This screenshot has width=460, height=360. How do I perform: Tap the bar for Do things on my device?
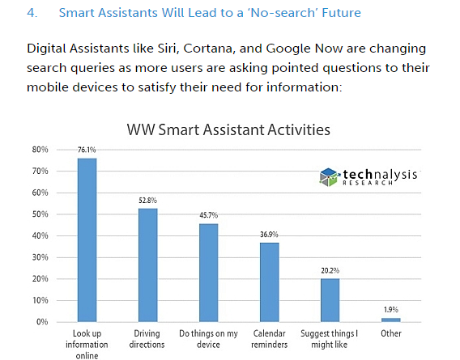[208, 273]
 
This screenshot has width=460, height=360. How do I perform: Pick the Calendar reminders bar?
[269, 282]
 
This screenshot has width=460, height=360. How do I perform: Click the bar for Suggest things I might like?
[330, 300]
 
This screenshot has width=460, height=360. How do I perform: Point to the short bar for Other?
[390, 320]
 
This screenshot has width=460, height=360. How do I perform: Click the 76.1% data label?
[87, 151]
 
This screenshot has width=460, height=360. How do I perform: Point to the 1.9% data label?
[390, 311]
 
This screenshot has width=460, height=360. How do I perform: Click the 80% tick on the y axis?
[40, 150]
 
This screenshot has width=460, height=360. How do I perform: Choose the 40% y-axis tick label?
[40, 236]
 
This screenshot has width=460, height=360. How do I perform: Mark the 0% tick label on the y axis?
[42, 322]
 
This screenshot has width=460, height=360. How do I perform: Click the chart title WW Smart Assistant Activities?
[229, 129]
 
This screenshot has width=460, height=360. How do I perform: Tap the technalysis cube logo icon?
[327, 176]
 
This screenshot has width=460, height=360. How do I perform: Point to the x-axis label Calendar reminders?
[269, 338]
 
